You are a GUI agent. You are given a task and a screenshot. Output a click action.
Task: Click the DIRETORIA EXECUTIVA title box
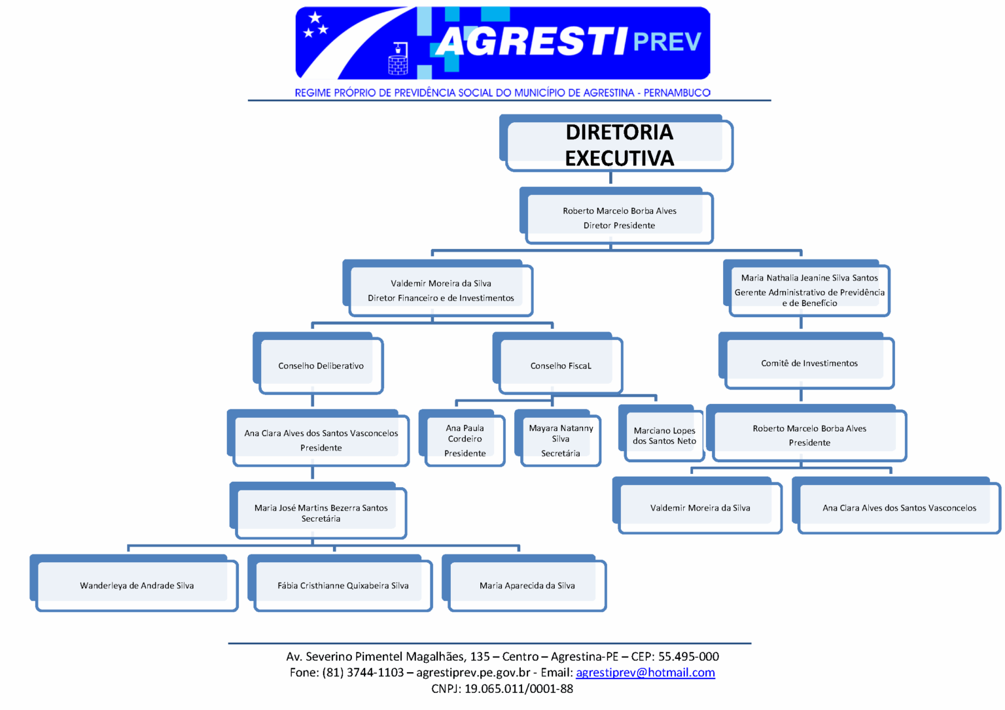coord(616,143)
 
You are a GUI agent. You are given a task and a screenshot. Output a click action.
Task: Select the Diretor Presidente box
coord(616,216)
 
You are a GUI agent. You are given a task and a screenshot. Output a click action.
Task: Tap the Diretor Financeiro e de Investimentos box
coord(438,288)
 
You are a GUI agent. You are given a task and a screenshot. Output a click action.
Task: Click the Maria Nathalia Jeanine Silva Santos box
coord(807,288)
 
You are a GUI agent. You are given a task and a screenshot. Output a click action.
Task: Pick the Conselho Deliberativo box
coord(318,363)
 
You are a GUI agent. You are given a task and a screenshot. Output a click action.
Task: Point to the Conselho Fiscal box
coord(557,363)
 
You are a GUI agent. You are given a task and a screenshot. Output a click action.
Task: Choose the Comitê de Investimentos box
coord(807,361)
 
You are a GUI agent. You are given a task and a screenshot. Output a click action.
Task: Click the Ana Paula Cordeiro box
coord(462,438)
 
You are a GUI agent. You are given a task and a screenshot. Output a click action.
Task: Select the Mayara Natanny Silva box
coord(557,438)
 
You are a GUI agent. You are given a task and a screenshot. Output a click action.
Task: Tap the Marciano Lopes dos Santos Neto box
coord(661,433)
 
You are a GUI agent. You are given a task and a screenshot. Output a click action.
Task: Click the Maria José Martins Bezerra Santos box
coord(318,511)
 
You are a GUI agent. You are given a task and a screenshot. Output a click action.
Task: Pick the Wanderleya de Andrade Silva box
coord(134,583)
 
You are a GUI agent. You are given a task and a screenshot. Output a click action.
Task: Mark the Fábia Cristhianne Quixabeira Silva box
coord(340,583)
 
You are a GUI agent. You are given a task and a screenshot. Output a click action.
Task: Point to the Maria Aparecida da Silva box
coord(525,583)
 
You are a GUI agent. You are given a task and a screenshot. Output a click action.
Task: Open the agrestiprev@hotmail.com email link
coord(645,672)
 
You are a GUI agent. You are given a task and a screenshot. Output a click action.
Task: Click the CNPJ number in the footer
coord(519,688)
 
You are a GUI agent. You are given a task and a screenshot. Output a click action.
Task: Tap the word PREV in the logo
coord(667,42)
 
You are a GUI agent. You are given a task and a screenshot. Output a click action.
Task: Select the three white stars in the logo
coord(316,25)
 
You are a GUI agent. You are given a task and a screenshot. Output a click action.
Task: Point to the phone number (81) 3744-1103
coord(363,672)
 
